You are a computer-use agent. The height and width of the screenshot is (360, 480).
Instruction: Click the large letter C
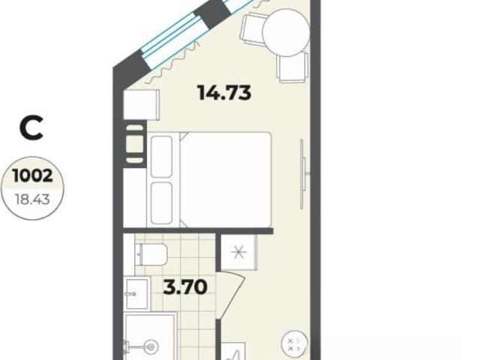(31, 128)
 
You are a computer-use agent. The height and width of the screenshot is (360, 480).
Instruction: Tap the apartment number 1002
(33, 176)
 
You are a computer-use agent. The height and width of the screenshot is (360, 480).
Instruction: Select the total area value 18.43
(32, 200)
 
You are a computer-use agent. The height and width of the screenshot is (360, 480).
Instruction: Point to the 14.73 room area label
(225, 92)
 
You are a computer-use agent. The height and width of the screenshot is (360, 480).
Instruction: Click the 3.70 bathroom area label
(185, 287)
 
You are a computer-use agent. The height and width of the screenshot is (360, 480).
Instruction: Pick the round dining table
(286, 33)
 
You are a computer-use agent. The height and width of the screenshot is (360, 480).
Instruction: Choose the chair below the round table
(292, 67)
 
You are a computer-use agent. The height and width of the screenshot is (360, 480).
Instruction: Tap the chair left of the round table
(254, 28)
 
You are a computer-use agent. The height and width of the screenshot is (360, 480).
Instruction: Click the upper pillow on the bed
(161, 157)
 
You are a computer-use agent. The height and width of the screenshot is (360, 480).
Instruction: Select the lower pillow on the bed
(161, 202)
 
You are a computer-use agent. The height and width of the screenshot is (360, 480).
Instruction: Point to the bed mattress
(226, 180)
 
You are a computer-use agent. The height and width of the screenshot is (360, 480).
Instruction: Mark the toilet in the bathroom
(151, 254)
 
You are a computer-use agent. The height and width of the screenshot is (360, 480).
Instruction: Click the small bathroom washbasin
(136, 293)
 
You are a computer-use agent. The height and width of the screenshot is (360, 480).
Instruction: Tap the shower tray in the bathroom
(151, 336)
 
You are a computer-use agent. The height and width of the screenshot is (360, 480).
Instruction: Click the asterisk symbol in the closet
(238, 253)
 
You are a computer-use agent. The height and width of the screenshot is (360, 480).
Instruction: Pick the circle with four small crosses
(294, 343)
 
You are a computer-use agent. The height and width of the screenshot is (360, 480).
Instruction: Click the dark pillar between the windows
(212, 13)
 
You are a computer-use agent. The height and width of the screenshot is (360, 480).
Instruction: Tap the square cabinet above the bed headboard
(141, 105)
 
